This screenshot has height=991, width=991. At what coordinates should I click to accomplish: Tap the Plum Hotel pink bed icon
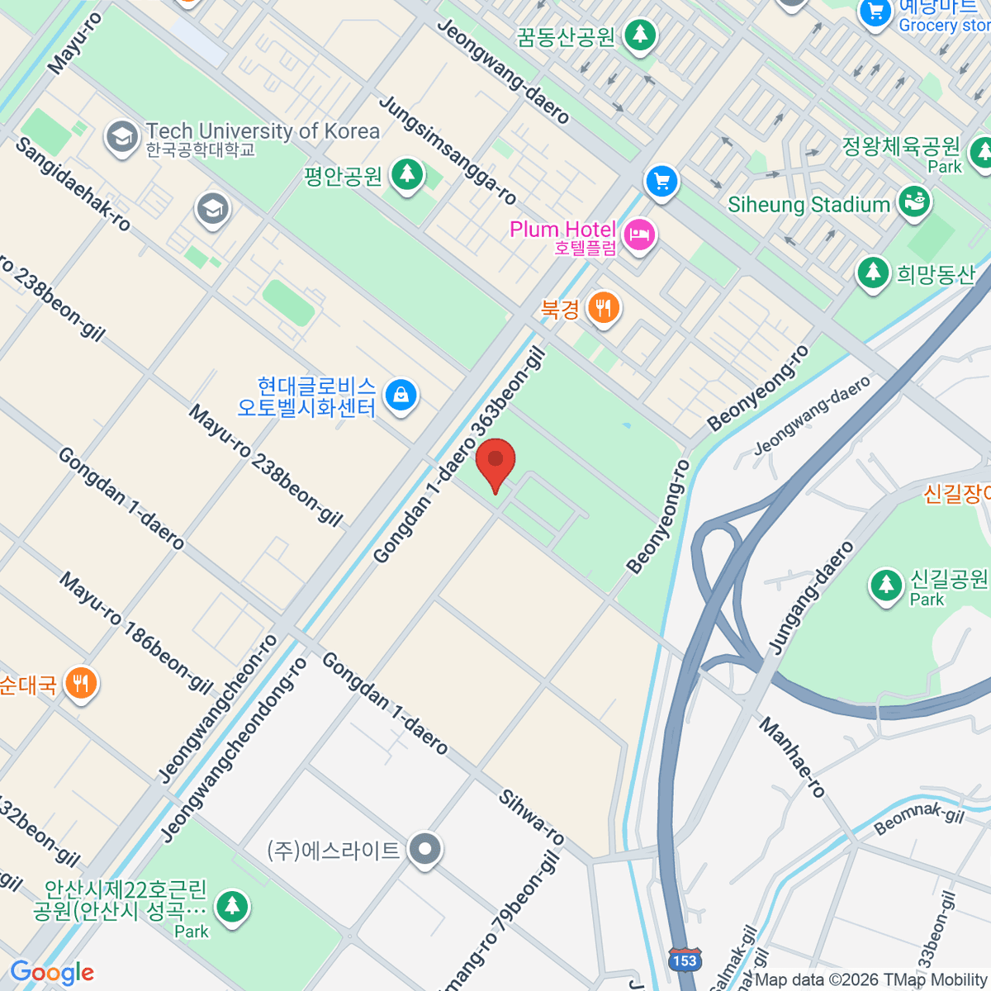[638, 235]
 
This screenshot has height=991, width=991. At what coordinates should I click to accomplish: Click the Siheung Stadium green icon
[913, 202]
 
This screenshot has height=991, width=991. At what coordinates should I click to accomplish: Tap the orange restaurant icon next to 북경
[604, 308]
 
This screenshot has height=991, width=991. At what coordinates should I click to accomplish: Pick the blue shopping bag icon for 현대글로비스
[401, 395]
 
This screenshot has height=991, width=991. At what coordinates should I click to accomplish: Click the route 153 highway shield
[684, 960]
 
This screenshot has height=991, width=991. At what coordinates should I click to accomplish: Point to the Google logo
[52, 973]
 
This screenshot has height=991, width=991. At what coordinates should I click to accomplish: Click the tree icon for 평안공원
[406, 174]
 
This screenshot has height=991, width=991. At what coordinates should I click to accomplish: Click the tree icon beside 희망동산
[873, 273]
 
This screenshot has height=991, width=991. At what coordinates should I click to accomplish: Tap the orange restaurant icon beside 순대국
[80, 683]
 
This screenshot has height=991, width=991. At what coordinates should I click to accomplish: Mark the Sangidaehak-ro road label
[73, 184]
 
